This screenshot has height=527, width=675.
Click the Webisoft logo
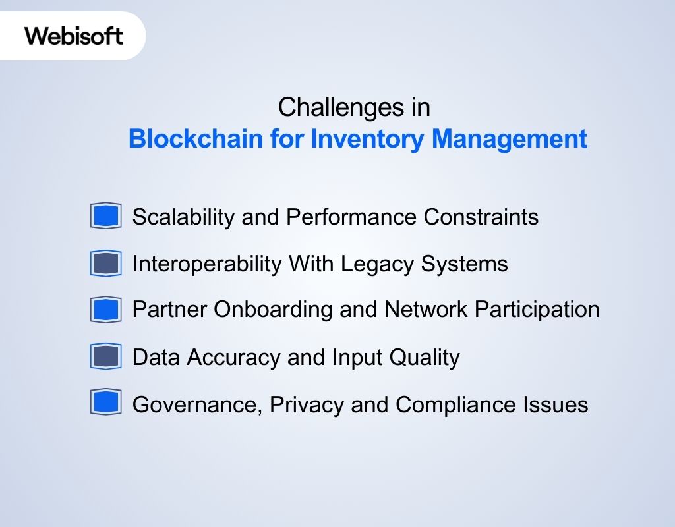tap(74, 36)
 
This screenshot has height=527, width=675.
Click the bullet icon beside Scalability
tap(105, 216)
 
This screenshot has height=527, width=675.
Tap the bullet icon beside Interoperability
tap(105, 263)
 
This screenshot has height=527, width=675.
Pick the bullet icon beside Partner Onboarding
tap(105, 310)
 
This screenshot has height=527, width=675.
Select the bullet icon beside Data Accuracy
tap(105, 356)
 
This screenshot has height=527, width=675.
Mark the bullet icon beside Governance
tap(105, 403)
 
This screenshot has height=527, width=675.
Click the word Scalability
tap(184, 217)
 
